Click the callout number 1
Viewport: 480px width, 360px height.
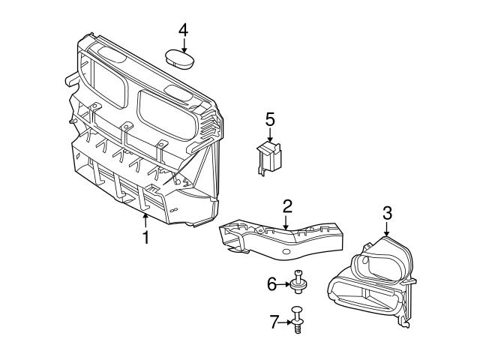coord(146,238)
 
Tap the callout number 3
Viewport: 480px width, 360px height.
coord(387,212)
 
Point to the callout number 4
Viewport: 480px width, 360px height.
coord(183,30)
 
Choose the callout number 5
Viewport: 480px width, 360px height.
coord(270,118)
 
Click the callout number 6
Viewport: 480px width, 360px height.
coord(272,283)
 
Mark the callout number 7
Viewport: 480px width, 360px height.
coord(273,322)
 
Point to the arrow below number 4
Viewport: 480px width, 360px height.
coord(183,44)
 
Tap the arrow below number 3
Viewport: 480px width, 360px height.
coord(387,229)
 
